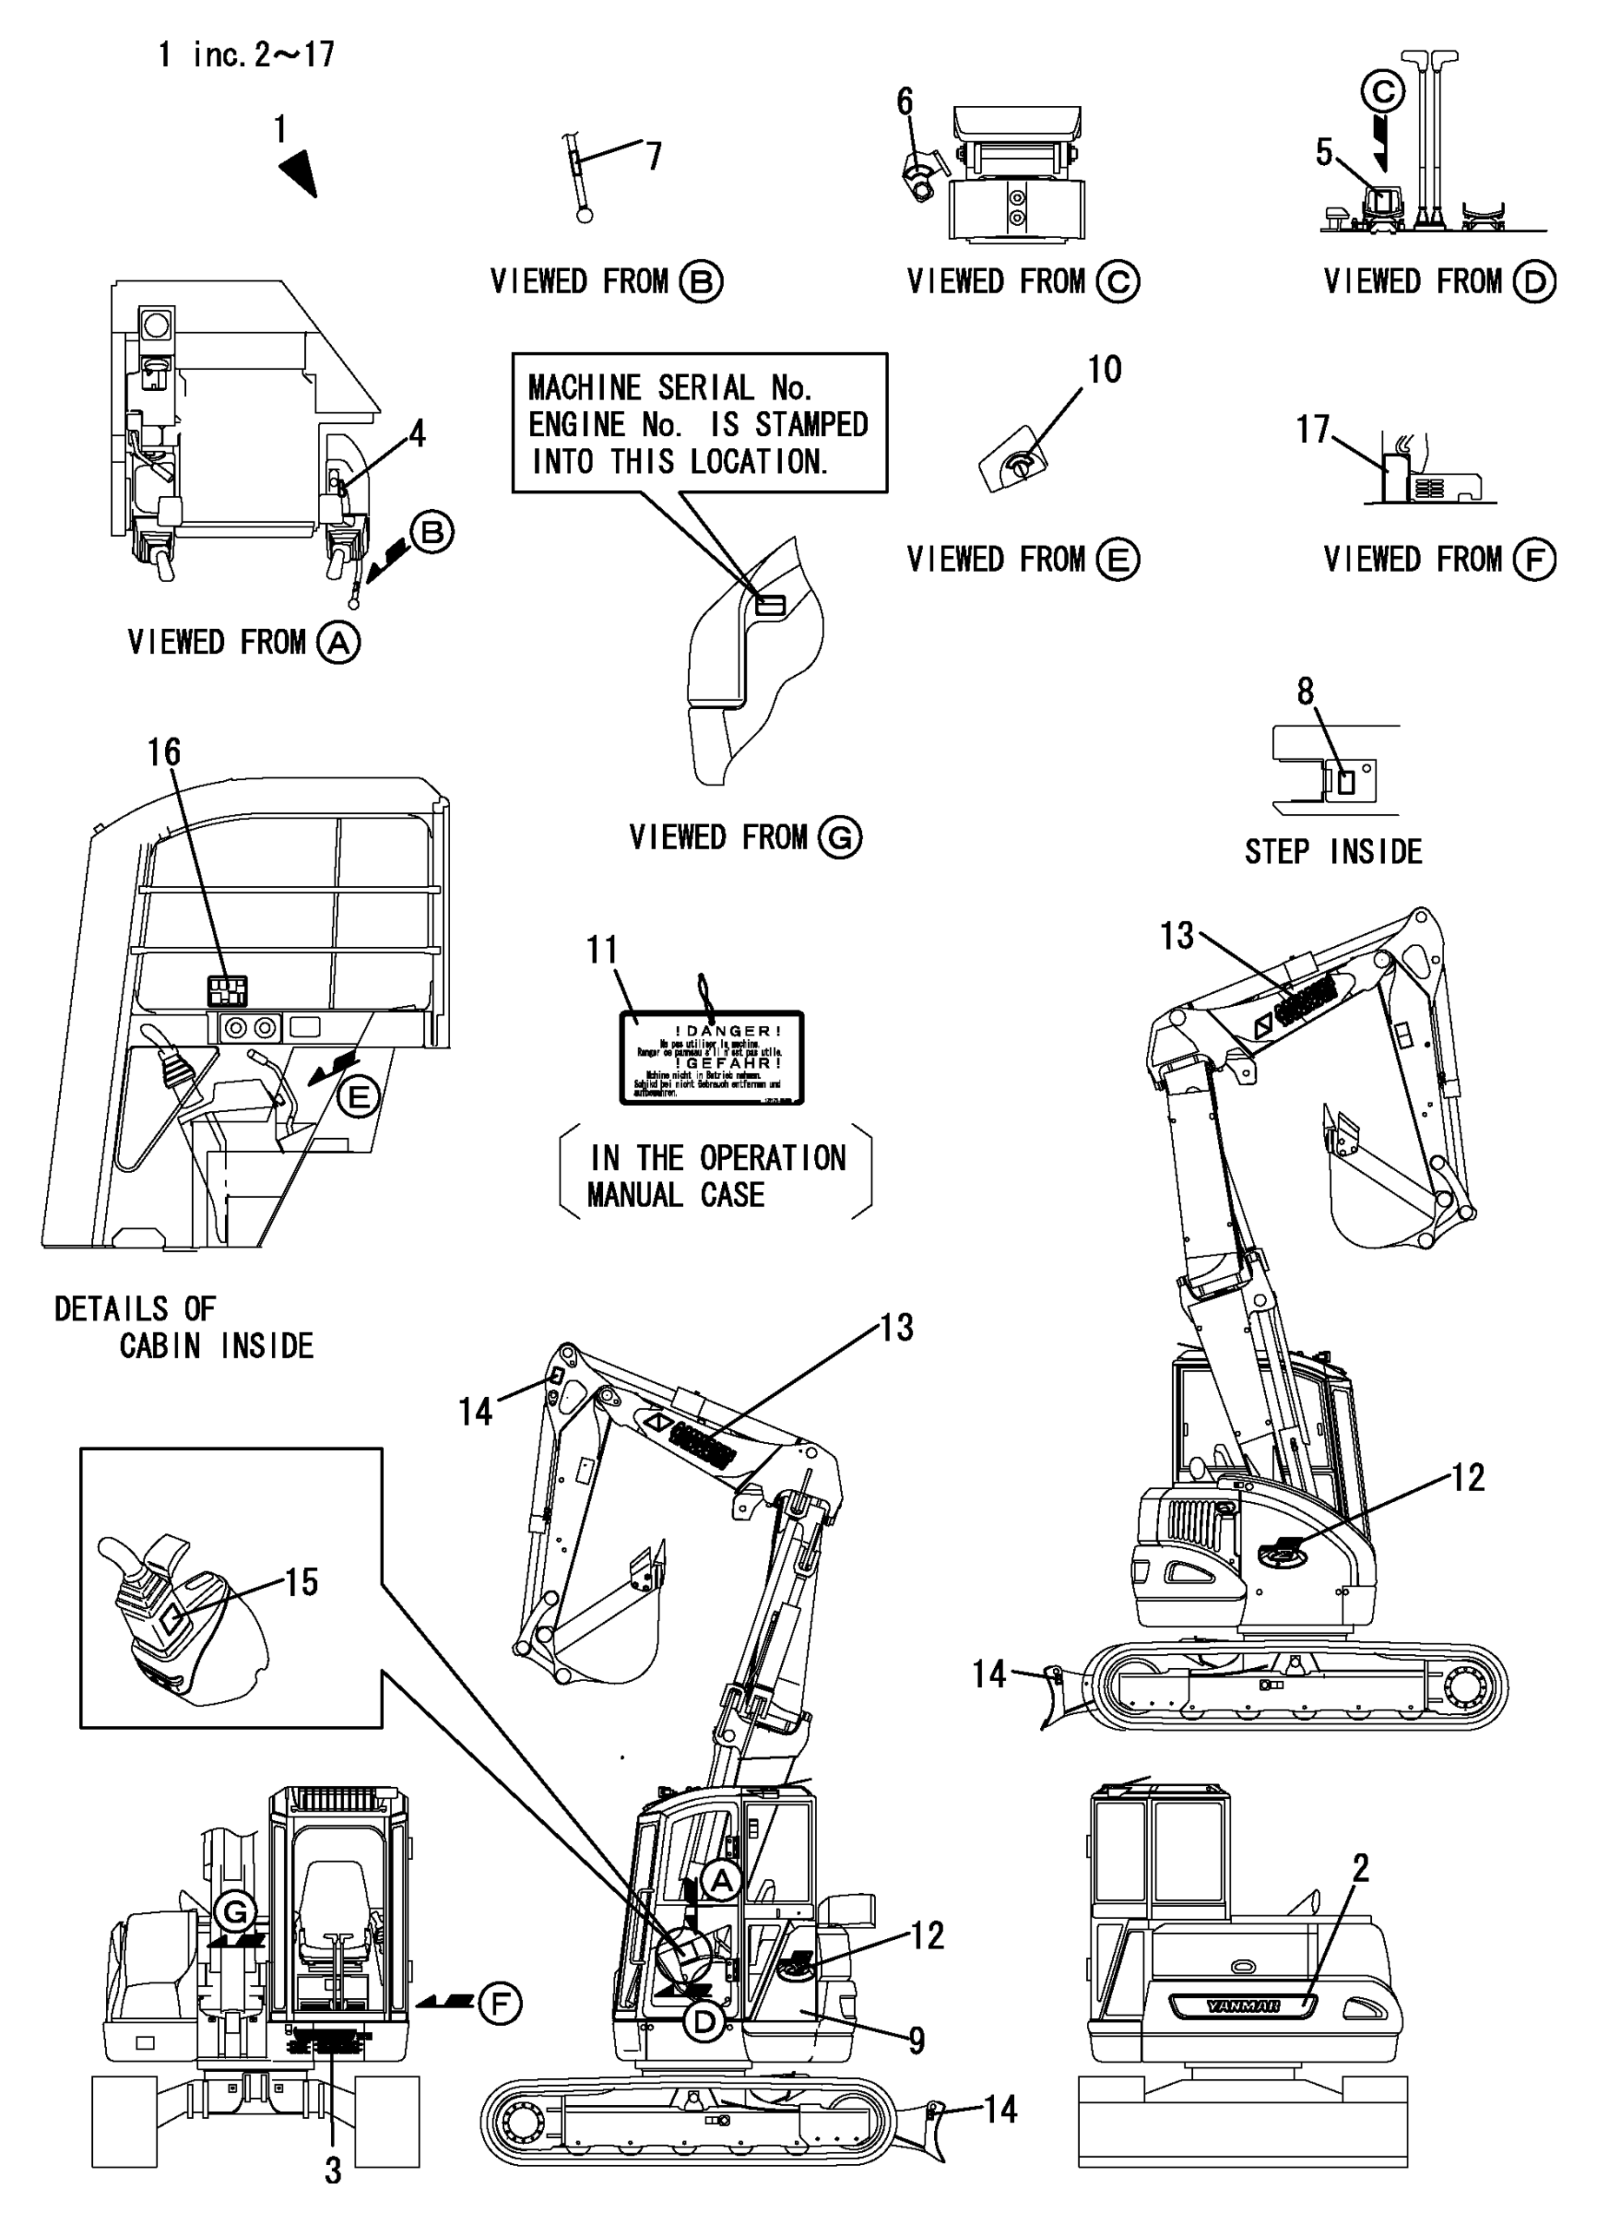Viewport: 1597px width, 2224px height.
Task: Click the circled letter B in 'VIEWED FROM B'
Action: pos(700,282)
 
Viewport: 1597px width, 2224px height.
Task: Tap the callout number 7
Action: pos(653,156)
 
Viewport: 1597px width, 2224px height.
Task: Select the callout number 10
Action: pos(1104,370)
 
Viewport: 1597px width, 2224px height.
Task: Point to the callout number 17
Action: pos(1311,429)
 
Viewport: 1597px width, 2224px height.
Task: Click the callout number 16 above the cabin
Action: pos(164,752)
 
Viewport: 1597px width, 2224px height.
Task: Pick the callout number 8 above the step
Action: pos(1305,692)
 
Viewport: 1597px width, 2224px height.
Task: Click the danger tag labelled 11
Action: pos(712,1058)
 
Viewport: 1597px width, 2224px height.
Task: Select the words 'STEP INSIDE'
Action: pos(1333,851)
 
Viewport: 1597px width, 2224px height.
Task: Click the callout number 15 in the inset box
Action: pos(302,1582)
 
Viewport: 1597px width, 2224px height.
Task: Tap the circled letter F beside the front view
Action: pos(500,2004)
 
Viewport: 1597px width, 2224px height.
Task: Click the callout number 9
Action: pos(916,2041)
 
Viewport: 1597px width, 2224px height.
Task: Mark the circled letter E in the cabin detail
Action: pos(359,1095)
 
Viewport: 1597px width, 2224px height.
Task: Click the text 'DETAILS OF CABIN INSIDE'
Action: pos(183,1327)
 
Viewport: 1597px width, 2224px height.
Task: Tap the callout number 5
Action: pos(1323,153)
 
